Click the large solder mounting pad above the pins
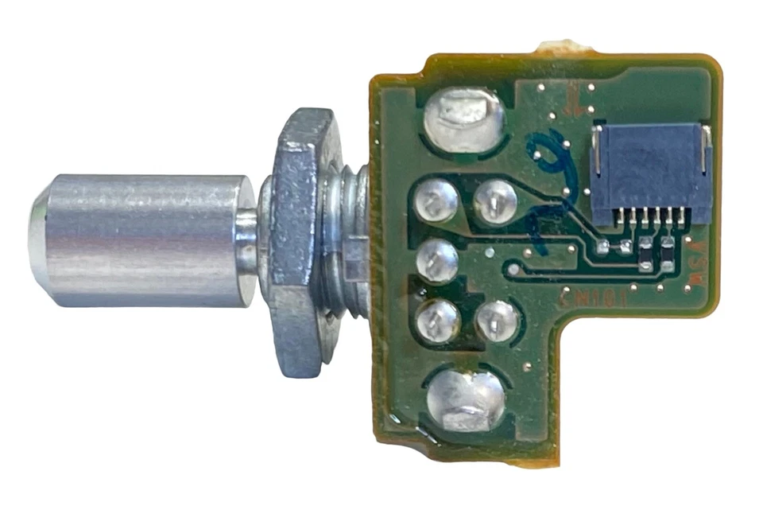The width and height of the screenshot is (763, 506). (x=465, y=119)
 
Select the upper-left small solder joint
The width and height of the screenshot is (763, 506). (x=436, y=201)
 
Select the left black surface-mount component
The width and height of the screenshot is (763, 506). (x=646, y=253)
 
